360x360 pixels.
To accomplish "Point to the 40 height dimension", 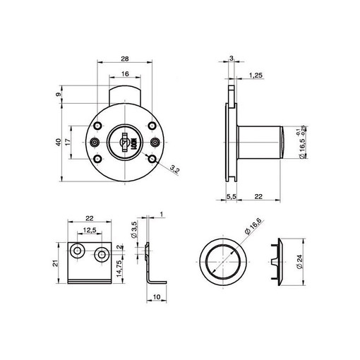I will (59, 141).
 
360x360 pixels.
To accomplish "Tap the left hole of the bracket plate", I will (76, 253).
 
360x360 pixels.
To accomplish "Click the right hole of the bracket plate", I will (103, 253).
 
